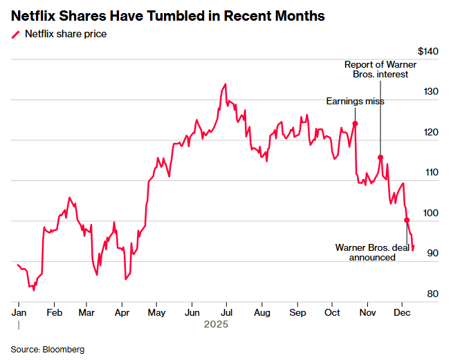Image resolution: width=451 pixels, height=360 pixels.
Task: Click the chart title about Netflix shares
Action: click(x=167, y=16)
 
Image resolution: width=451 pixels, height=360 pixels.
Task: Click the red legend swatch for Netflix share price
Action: click(x=15, y=34)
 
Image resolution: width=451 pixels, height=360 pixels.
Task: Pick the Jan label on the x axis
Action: click(x=19, y=312)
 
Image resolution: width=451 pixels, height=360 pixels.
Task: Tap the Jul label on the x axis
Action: click(x=226, y=312)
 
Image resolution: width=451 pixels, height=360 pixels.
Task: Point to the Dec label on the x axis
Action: click(x=402, y=312)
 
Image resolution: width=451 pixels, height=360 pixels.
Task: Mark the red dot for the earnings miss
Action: click(x=355, y=124)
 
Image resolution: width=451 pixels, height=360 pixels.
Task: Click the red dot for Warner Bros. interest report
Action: click(x=380, y=158)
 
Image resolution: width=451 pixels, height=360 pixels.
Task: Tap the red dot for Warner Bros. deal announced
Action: click(x=407, y=220)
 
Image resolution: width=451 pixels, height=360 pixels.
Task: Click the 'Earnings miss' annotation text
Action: click(x=355, y=102)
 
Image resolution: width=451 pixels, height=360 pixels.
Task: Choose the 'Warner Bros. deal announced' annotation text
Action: click(x=372, y=252)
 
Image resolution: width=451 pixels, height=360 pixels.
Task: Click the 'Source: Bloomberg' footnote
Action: click(x=47, y=350)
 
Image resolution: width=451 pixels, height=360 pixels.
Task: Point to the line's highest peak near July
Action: click(x=225, y=84)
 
